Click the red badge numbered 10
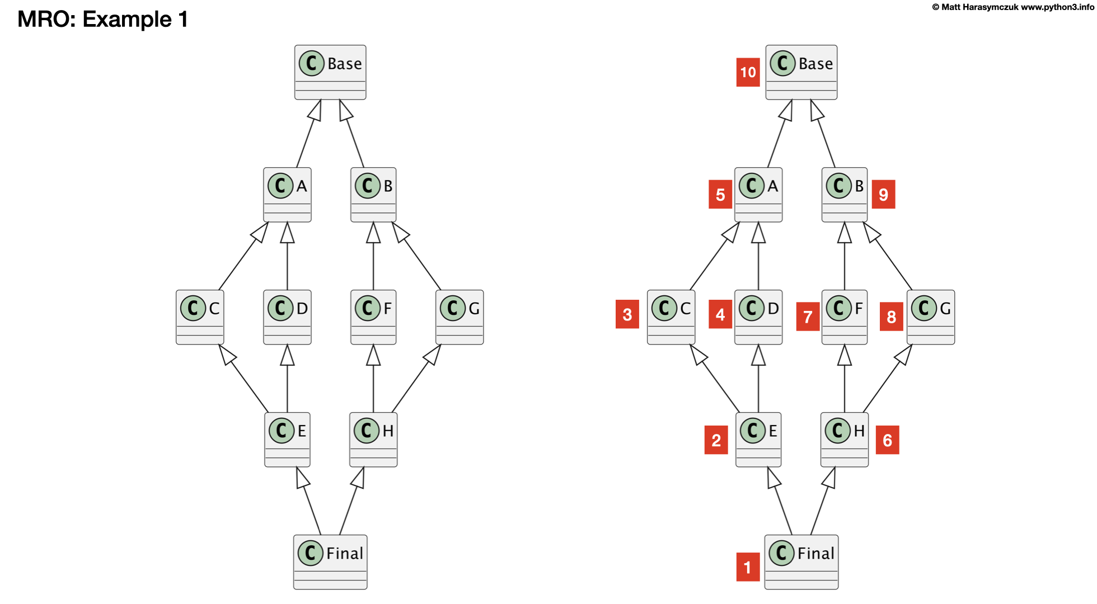click(748, 72)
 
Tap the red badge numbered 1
click(748, 567)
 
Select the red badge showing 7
click(808, 317)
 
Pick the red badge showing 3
click(627, 314)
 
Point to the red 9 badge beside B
click(883, 194)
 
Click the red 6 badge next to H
click(887, 440)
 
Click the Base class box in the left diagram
click(330, 72)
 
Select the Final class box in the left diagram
click(330, 561)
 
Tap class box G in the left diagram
click(460, 317)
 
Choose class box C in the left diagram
click(200, 317)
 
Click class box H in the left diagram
click(373, 439)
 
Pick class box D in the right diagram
click(758, 317)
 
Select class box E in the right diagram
click(758, 439)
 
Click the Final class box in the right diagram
click(801, 561)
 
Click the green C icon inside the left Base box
click(312, 63)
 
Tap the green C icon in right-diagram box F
click(838, 308)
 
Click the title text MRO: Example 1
click(102, 19)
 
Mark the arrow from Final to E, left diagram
click(311, 501)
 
